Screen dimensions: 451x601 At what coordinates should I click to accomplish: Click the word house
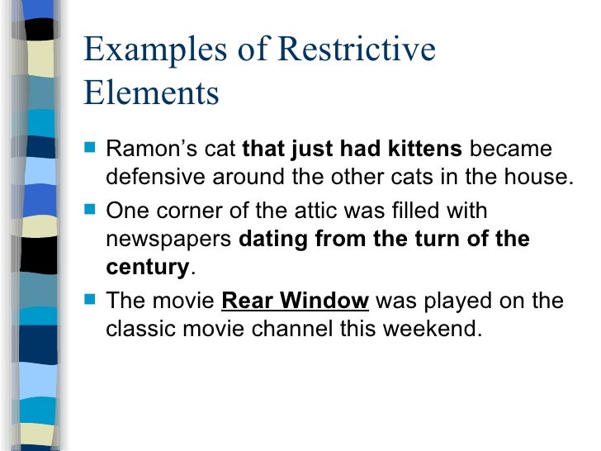pyautogui.click(x=539, y=180)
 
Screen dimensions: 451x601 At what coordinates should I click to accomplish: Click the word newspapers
pyautogui.click(x=169, y=240)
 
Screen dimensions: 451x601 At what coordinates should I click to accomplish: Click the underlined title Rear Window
pyautogui.click(x=295, y=300)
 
